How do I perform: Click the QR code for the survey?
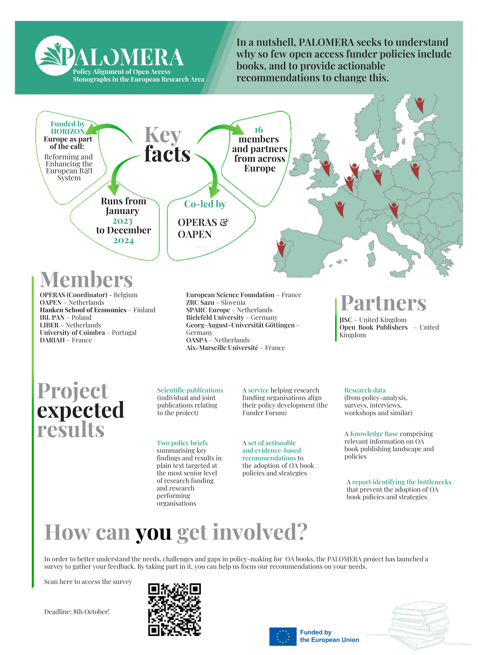coord(174,609)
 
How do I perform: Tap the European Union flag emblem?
coord(282,636)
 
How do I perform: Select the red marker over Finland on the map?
coord(419,104)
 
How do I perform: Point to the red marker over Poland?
coord(415,171)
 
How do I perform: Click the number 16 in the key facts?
coord(258,130)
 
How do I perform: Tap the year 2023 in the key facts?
coord(122,221)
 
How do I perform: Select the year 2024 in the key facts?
coord(124,241)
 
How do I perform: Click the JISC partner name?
coord(346,320)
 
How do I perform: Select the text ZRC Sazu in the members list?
coord(200,302)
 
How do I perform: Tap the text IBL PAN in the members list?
coord(52,317)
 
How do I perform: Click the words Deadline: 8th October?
coord(77,612)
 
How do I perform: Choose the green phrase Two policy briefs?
coord(182,443)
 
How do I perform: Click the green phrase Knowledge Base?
coord(374,433)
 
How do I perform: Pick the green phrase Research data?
coord(365,390)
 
